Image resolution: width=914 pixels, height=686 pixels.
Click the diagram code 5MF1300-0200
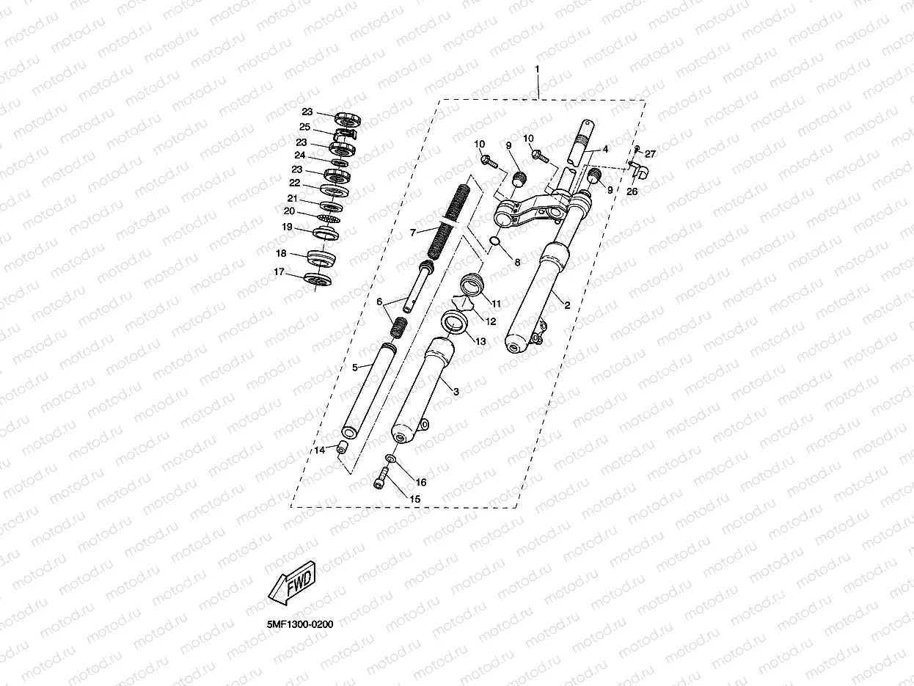point(300,624)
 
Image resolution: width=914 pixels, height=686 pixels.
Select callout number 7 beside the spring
point(413,232)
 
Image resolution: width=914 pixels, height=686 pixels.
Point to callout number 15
point(414,499)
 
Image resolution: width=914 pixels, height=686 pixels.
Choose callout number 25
point(304,127)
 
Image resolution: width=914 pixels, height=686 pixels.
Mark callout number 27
point(651,154)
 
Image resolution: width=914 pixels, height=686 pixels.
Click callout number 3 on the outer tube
point(456,392)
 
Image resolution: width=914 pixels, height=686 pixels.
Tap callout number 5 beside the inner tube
point(354,367)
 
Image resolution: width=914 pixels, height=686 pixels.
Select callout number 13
point(480,341)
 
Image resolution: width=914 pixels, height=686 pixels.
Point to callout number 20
point(289,211)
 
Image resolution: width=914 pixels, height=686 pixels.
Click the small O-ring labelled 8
point(496,243)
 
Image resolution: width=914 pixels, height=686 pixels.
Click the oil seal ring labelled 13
point(455,321)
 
